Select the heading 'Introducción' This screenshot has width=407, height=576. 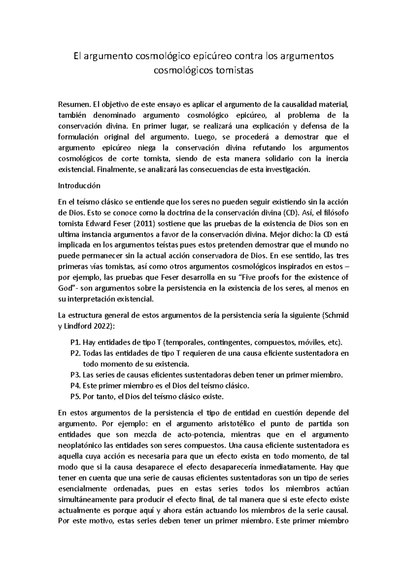point(79,186)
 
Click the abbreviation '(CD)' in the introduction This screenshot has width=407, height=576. point(292,213)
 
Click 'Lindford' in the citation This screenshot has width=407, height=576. point(77,326)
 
